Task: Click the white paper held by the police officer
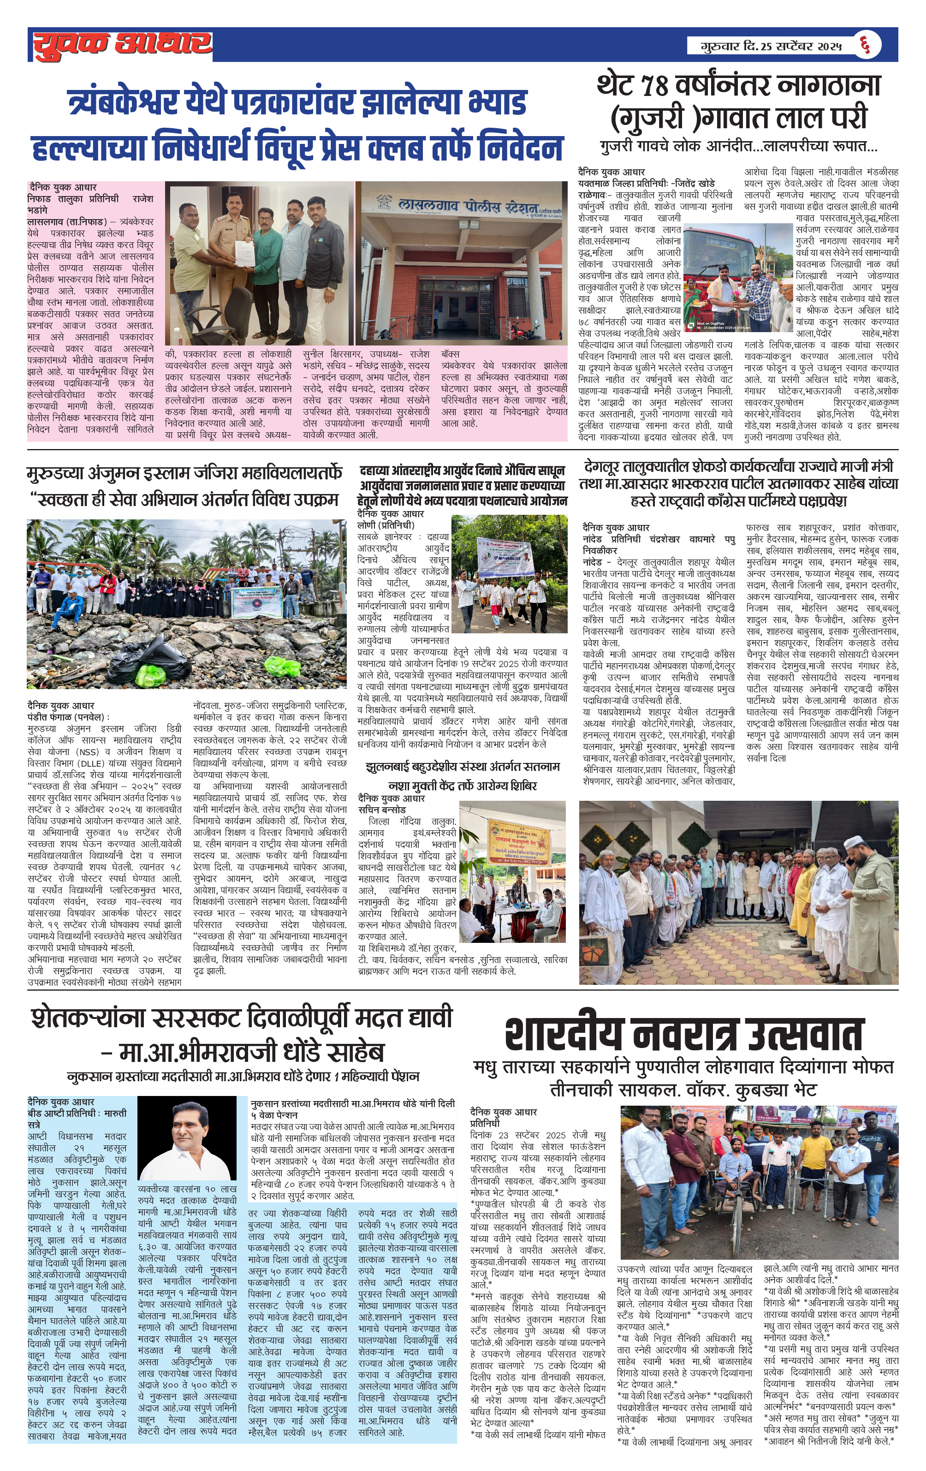tap(243, 249)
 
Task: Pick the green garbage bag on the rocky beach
tap(148, 675)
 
